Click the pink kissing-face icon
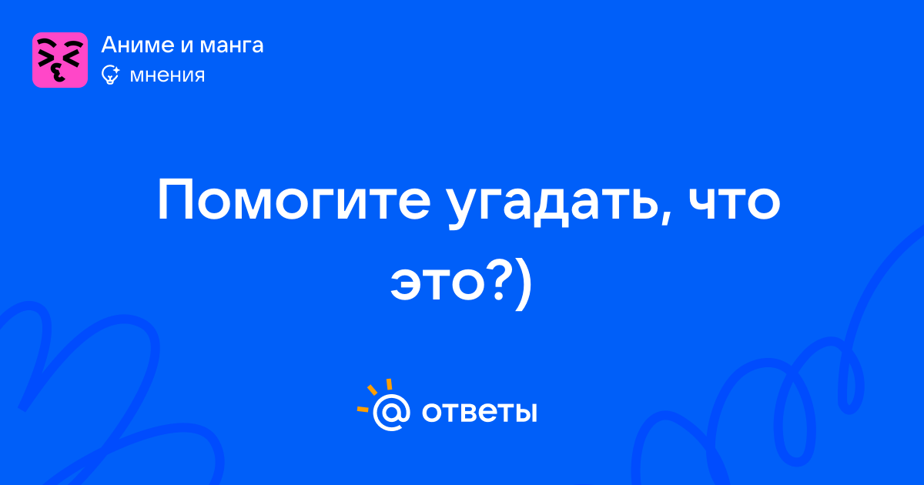(x=60, y=60)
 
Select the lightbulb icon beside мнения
(x=110, y=75)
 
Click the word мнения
(x=167, y=76)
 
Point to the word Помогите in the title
(x=293, y=201)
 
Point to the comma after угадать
(x=665, y=219)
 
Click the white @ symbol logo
(x=391, y=412)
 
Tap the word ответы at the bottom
(x=479, y=413)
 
